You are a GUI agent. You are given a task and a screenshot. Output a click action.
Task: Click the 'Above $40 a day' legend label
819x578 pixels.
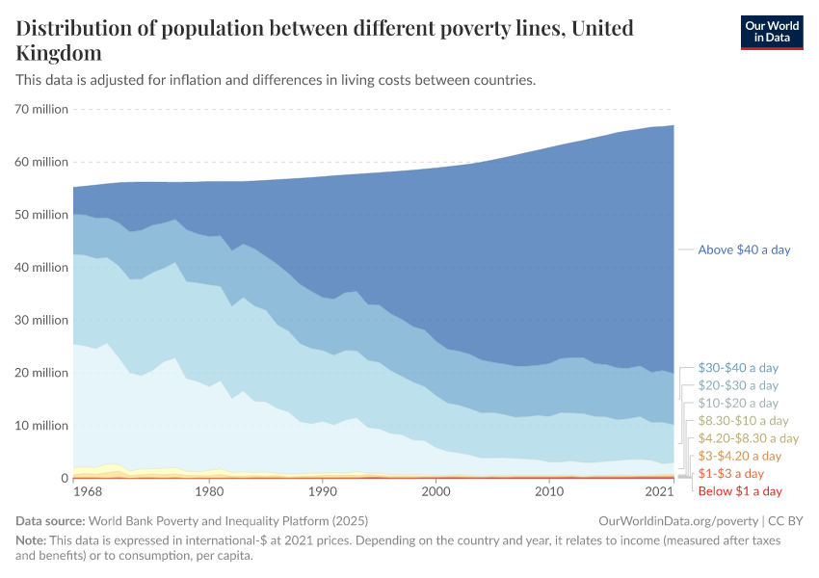click(744, 250)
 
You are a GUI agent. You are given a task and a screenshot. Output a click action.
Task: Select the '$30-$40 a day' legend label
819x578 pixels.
click(738, 368)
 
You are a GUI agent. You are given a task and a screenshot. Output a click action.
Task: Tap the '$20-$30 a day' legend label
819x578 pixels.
click(738, 385)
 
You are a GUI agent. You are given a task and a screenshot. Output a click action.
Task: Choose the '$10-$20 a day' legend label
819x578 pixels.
click(738, 403)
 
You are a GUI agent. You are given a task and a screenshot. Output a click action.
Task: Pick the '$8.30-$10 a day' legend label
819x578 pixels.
click(743, 421)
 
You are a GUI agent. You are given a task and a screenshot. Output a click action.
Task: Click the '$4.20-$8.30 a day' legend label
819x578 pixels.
click(748, 438)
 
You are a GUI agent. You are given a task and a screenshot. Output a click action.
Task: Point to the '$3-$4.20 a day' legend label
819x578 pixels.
click(740, 456)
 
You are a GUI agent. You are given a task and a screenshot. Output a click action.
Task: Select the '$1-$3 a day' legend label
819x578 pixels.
click(731, 474)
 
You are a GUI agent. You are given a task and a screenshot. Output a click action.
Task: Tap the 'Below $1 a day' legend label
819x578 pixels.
click(740, 491)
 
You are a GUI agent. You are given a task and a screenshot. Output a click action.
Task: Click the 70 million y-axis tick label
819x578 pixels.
click(42, 109)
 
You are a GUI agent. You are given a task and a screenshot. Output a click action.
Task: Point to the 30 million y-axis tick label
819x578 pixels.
click(42, 320)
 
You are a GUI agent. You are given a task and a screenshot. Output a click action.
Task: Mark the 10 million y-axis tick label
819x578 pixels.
click(42, 426)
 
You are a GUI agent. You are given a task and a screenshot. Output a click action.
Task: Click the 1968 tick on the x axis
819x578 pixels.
click(88, 492)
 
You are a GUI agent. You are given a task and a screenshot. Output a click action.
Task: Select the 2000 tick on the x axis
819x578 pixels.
click(436, 492)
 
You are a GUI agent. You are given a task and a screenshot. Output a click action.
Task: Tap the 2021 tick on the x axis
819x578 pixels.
click(659, 492)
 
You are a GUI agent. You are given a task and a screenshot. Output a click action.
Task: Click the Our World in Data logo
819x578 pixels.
click(772, 32)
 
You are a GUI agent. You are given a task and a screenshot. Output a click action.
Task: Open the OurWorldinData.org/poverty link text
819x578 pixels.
click(672, 520)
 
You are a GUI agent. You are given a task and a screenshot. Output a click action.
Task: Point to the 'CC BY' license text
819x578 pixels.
click(784, 520)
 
